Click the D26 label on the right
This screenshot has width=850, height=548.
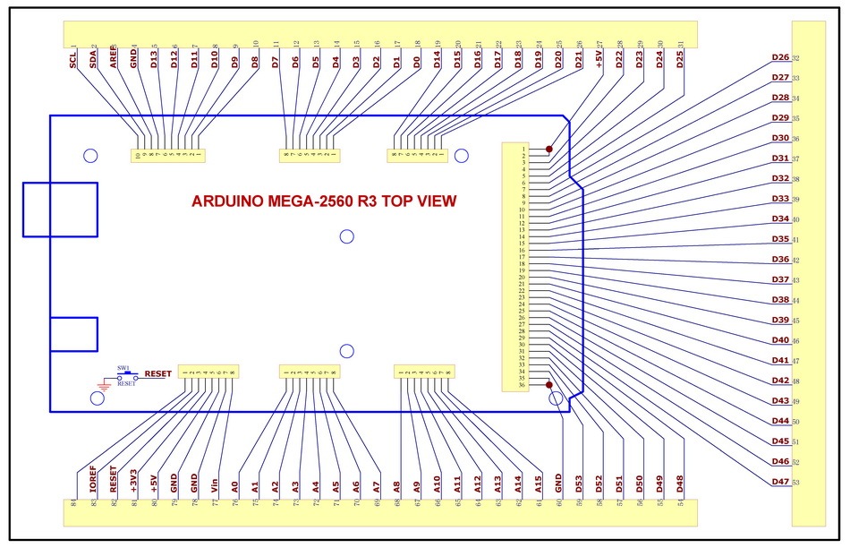point(780,58)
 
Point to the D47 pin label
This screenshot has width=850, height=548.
point(780,483)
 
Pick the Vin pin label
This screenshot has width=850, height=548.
point(215,484)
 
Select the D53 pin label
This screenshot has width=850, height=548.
point(579,484)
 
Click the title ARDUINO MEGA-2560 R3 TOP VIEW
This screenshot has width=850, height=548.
point(324,201)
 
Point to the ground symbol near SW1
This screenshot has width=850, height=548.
point(103,386)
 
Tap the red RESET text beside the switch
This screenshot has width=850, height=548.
point(157,373)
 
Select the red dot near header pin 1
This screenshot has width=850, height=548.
point(549,150)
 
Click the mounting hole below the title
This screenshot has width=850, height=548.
point(347,236)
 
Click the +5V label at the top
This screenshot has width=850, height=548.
point(599,60)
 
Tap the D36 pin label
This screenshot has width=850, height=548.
point(780,260)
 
